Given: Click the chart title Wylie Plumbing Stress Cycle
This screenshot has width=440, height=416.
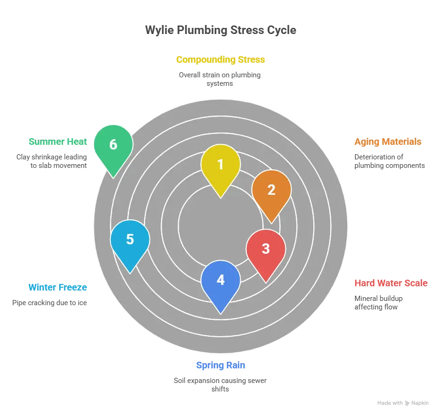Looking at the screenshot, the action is pos(220,30).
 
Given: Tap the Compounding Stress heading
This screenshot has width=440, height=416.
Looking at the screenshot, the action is pos(220,59).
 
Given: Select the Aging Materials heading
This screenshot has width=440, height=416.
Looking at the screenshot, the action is pos(388,141).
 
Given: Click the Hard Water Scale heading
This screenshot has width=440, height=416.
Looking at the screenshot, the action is pos(391,283).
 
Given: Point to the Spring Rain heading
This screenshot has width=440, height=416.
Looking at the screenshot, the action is pos(220,365).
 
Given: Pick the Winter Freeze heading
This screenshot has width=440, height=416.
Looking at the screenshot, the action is pos(57,287).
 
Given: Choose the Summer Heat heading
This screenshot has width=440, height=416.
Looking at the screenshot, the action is pos(57,141).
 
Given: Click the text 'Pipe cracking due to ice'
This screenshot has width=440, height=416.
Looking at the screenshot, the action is pos(49,302).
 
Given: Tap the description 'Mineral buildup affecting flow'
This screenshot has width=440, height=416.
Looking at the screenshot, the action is pos(378,302).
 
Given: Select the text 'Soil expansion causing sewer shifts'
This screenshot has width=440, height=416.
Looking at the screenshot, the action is pos(220,384).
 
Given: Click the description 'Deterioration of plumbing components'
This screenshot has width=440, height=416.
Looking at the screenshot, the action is pos(390,161).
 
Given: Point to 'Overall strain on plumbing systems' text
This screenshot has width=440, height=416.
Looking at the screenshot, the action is pos(220,79).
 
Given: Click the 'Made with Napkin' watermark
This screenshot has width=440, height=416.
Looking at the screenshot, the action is pos(403,403).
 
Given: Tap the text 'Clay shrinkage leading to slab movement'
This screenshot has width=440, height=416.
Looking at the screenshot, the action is pos(52,161).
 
